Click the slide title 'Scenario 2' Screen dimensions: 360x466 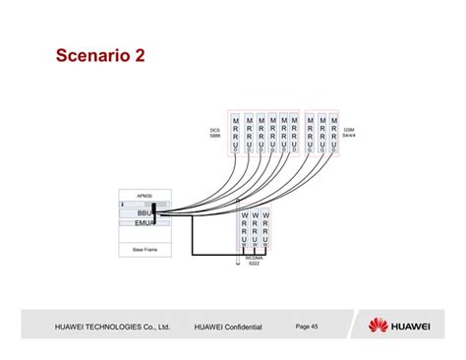(x=100, y=57)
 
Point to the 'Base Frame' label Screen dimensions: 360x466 (x=145, y=250)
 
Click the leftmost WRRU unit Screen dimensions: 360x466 (x=244, y=228)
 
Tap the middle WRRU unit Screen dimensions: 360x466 (x=255, y=228)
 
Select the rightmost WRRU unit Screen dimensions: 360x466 (x=265, y=228)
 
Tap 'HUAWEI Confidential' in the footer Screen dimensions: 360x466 (x=229, y=326)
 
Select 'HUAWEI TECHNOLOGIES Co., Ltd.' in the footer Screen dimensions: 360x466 (x=113, y=326)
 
